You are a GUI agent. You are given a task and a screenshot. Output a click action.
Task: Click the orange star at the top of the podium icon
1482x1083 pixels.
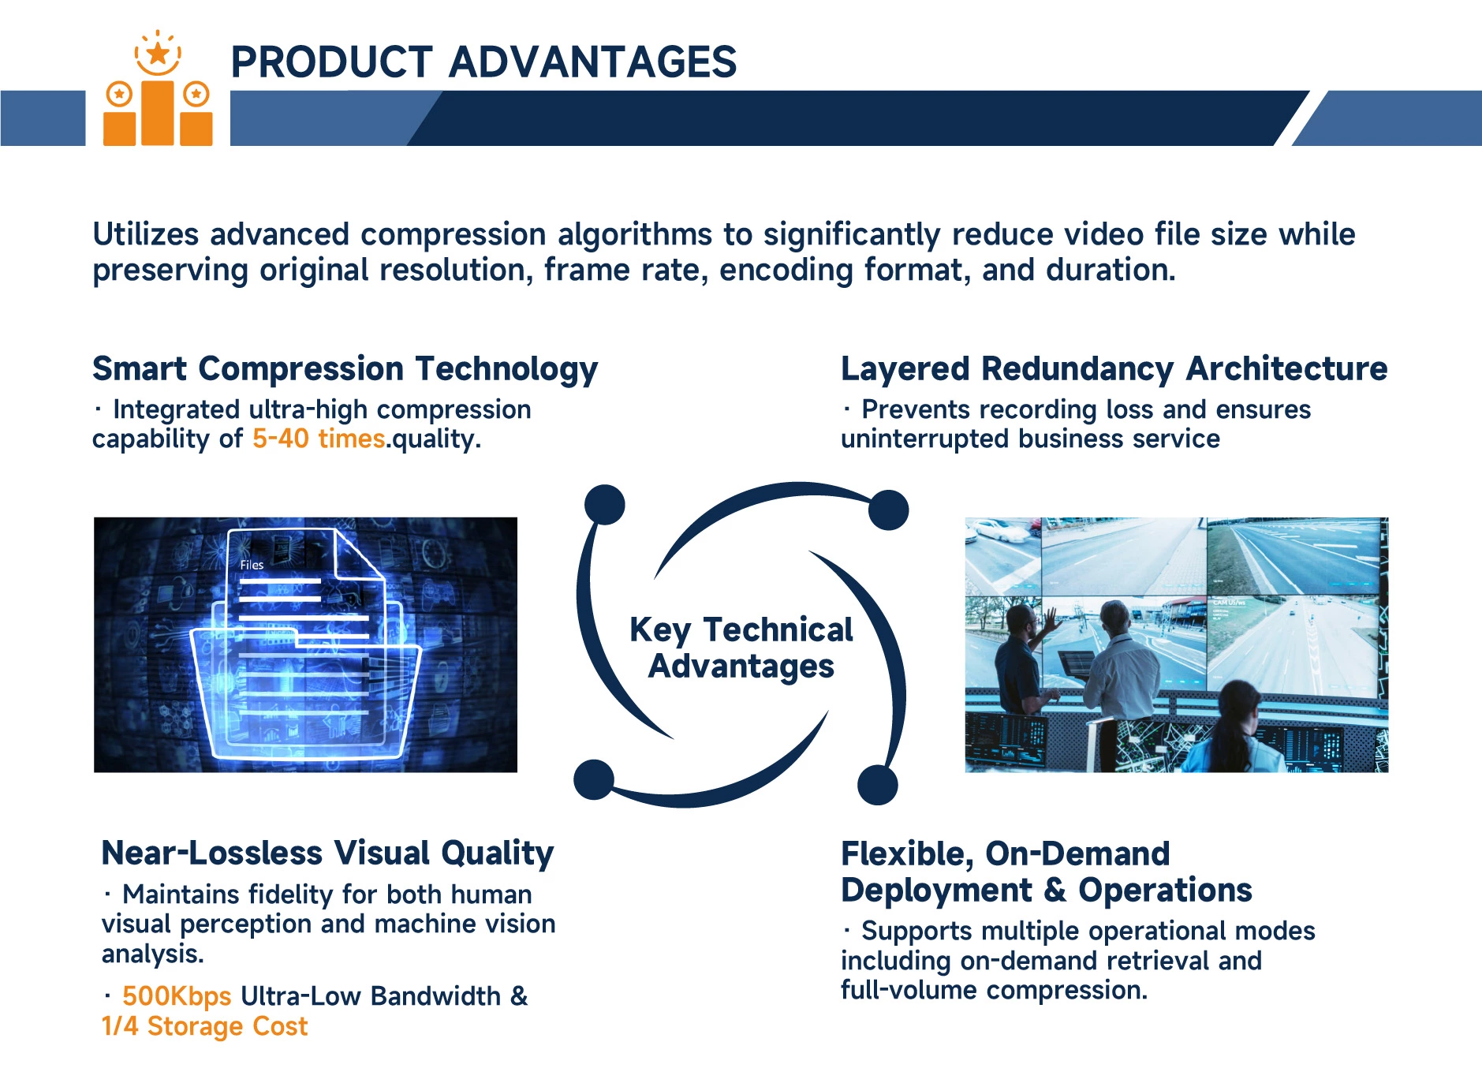pyautogui.click(x=159, y=54)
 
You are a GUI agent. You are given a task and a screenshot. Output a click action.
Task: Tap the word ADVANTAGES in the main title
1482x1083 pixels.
pyautogui.click(x=593, y=62)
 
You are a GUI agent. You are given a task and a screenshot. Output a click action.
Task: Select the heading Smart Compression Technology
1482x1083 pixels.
pyautogui.click(x=345, y=369)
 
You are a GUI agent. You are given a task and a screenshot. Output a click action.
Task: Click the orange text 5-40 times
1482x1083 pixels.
pyautogui.click(x=319, y=439)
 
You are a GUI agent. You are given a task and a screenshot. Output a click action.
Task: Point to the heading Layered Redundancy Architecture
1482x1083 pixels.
pyautogui.click(x=1114, y=368)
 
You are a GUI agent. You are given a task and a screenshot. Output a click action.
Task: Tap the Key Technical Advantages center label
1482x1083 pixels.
pyautogui.click(x=741, y=648)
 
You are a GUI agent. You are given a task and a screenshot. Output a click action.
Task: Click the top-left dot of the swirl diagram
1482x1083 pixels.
pyautogui.click(x=605, y=504)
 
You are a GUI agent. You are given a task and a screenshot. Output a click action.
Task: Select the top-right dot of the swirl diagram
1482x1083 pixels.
pyautogui.click(x=889, y=510)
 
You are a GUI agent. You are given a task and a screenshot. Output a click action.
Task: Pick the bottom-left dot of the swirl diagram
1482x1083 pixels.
pyautogui.click(x=594, y=779)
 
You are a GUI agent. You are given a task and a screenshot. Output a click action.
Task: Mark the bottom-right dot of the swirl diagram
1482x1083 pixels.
pyautogui.click(x=877, y=785)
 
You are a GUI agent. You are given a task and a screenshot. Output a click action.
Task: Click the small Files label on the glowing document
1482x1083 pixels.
pyautogui.click(x=252, y=565)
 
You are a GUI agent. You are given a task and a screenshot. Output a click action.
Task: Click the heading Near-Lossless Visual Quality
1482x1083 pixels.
pyautogui.click(x=327, y=853)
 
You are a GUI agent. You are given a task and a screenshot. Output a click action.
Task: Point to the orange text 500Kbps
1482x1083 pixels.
pyautogui.click(x=177, y=996)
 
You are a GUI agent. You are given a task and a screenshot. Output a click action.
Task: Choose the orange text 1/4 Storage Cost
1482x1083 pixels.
pyautogui.click(x=205, y=1026)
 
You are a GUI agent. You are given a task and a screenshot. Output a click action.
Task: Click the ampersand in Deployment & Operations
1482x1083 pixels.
pyautogui.click(x=1055, y=891)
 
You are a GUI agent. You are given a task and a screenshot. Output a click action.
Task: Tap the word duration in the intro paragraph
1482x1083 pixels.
pyautogui.click(x=1111, y=270)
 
